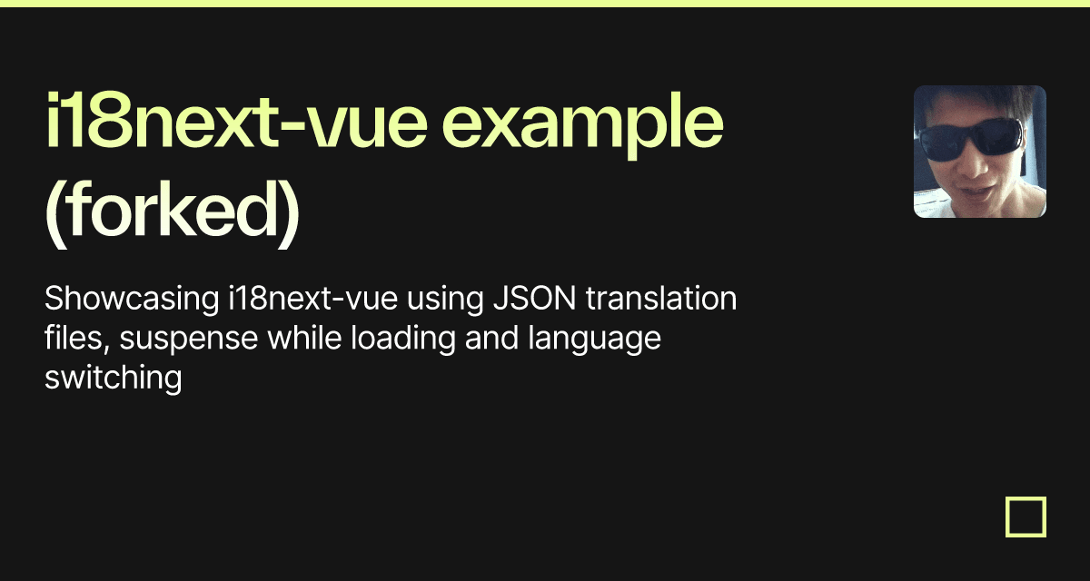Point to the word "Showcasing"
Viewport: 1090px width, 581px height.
132,299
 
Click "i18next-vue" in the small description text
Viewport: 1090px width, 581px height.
312,298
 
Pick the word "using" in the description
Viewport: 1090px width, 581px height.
445,300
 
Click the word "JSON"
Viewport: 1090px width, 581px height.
535,298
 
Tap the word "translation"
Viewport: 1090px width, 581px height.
661,298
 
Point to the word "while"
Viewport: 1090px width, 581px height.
304,338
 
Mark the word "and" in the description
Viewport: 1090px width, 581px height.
491,338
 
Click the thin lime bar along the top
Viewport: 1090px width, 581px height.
545,4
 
